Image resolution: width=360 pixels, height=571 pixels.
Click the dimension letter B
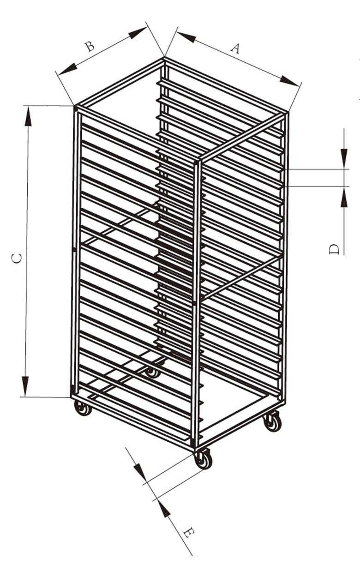coord(90,47)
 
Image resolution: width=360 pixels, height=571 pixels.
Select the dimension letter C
coord(17,258)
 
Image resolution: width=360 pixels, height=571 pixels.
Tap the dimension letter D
coord(334,249)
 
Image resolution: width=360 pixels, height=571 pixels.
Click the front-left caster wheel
coord(82,408)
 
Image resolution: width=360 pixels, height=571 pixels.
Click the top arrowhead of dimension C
coord(28,116)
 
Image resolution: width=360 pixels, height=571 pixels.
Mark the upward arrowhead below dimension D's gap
coord(344,197)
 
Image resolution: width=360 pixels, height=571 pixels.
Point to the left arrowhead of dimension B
coord(67,69)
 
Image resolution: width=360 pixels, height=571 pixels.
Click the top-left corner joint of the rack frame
coord(76,108)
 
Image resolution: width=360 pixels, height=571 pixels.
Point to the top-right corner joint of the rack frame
coord(287,114)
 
